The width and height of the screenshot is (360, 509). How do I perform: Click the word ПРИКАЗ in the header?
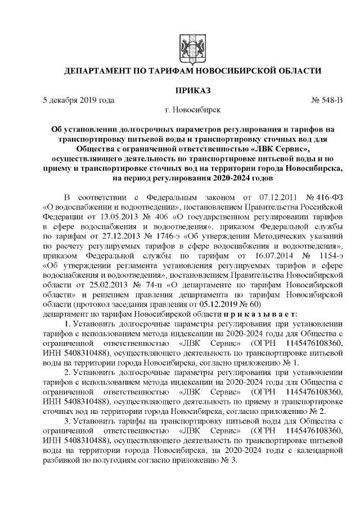tap(192, 90)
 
